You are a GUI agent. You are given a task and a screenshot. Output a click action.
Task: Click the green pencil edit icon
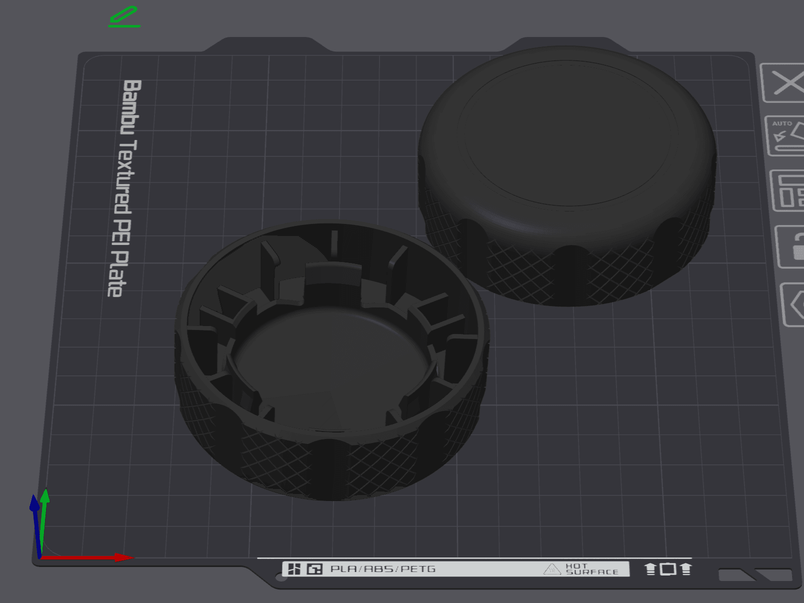pos(124,16)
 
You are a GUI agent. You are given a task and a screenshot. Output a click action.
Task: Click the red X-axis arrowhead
pos(124,557)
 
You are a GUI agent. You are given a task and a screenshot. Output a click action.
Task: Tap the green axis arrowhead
pos(45,495)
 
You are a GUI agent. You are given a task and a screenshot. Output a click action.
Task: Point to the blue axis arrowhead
pos(34,502)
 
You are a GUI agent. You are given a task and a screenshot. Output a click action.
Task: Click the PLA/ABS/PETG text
pos(383,568)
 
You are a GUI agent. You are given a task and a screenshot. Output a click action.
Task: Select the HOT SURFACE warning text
pos(592,569)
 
